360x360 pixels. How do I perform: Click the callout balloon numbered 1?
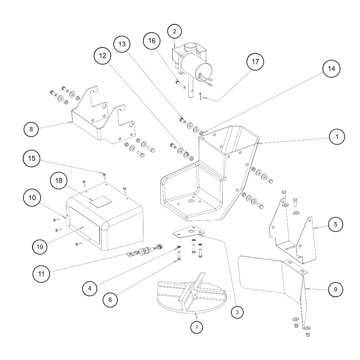point(337,137)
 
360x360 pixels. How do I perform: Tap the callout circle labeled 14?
point(331,69)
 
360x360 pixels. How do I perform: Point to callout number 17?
point(255,62)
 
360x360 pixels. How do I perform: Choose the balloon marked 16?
point(152,41)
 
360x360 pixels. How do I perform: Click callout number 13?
point(122,44)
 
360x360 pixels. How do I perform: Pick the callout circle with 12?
point(102,56)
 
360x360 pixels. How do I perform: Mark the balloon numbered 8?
point(31,129)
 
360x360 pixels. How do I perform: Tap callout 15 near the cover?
point(32,158)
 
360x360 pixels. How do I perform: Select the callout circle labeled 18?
point(59,180)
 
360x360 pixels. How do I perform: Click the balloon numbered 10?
point(32,198)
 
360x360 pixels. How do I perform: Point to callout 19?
point(40,247)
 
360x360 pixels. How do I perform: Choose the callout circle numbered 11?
point(41,273)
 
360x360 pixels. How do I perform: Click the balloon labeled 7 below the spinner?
point(197,327)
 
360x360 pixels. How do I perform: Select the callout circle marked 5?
point(336,224)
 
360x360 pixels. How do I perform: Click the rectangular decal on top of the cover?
point(101,201)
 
